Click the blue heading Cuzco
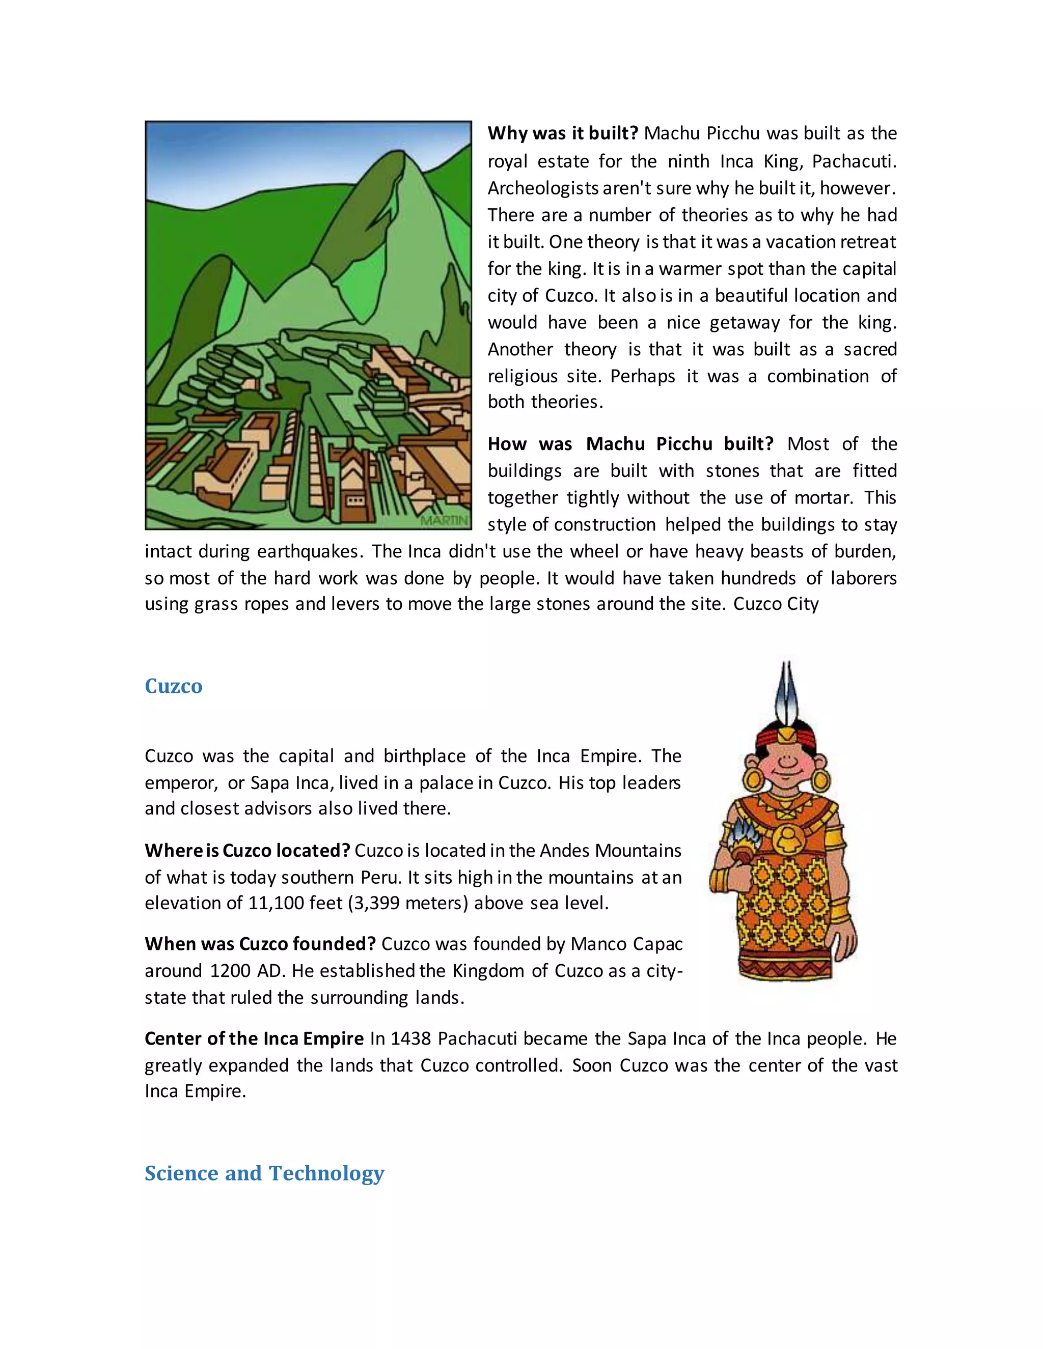point(173,686)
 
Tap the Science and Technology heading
point(264,1173)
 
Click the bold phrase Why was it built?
point(562,133)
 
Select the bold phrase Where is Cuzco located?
point(247,851)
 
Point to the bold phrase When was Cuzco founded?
point(260,944)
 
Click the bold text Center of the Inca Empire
point(254,1038)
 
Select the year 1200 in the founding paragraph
point(229,970)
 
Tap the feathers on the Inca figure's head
point(786,692)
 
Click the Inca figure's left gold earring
point(753,780)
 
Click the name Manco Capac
point(626,944)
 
